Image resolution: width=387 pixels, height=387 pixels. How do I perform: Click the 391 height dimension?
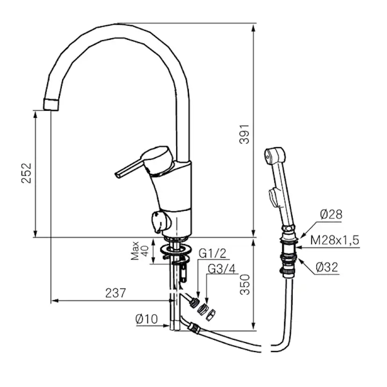245,134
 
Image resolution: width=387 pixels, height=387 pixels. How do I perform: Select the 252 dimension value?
27,173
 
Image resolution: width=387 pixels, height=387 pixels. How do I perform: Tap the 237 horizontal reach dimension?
115,293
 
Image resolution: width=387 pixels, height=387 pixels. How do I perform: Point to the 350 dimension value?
245,285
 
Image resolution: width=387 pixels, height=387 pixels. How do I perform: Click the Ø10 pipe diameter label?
146,319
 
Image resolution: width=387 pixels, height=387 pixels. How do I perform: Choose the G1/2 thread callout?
212,253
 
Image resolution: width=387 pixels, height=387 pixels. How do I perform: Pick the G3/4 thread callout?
222,269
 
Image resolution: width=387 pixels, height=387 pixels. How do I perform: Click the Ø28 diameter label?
331,215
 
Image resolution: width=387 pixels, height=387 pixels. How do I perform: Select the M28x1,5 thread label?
335,240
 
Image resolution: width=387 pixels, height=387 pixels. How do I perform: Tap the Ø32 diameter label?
327,267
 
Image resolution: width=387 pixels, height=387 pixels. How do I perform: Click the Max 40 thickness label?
140,251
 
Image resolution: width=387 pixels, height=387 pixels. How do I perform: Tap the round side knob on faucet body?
160,222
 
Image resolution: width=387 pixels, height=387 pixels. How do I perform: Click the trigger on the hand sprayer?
274,197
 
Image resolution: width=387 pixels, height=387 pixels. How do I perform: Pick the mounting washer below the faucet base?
176,249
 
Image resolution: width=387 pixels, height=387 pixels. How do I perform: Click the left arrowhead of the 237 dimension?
55,301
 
